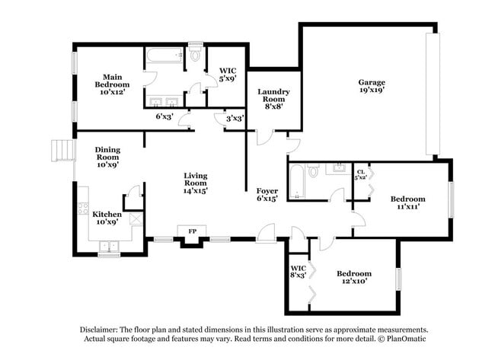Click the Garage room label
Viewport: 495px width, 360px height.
click(372, 82)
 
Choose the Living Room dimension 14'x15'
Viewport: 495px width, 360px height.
click(195, 191)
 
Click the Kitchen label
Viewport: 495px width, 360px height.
click(106, 215)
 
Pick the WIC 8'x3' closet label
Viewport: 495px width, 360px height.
click(298, 272)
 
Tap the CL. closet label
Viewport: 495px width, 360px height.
click(361, 173)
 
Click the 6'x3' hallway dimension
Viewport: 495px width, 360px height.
click(164, 117)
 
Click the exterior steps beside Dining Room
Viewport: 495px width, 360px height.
click(61, 151)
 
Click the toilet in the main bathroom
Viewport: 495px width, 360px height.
click(195, 56)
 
